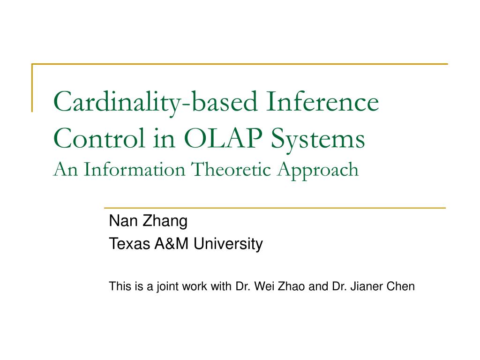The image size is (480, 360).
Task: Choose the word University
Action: click(x=228, y=244)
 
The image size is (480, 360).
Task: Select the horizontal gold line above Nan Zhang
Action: click(x=274, y=208)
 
